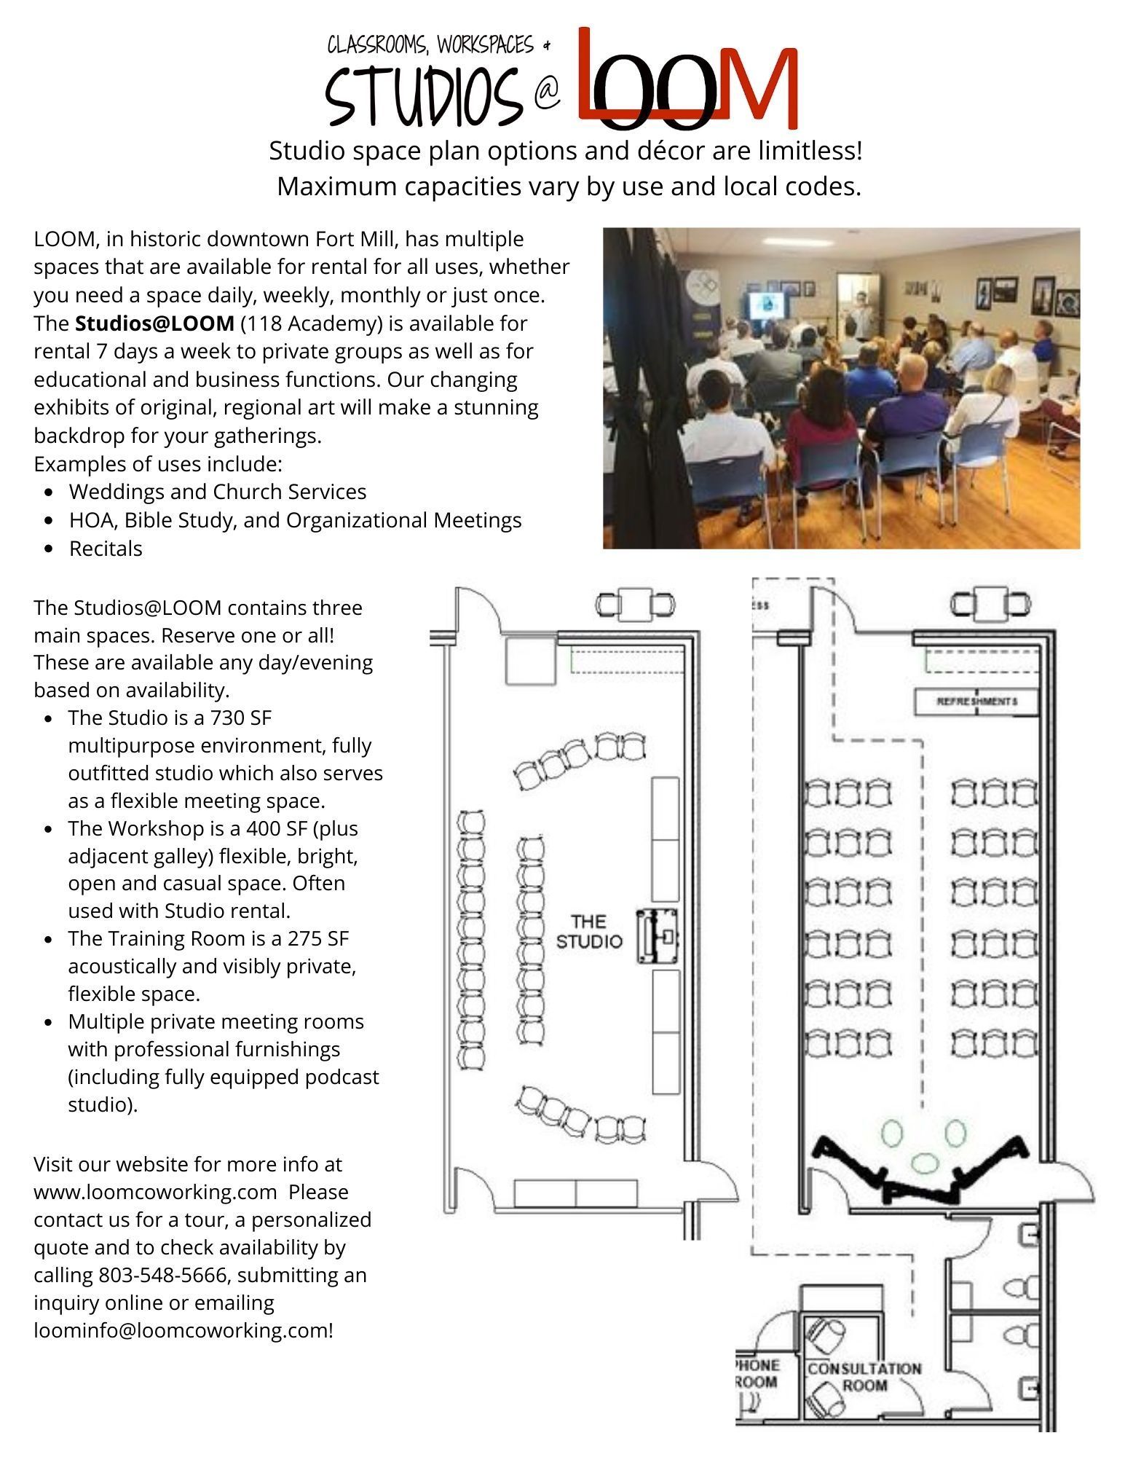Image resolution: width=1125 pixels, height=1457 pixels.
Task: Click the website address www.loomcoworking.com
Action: (x=155, y=1192)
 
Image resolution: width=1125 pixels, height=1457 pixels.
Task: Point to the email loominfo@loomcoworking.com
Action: (x=183, y=1330)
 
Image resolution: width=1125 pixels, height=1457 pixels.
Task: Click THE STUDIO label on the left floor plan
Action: (x=588, y=931)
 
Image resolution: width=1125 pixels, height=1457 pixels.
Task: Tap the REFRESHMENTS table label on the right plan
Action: (x=976, y=702)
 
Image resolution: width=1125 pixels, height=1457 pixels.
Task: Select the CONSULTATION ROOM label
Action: (x=864, y=1376)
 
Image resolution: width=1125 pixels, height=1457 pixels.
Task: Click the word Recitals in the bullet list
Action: (x=106, y=549)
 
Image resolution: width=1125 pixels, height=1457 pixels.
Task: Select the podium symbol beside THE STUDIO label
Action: (x=658, y=936)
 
